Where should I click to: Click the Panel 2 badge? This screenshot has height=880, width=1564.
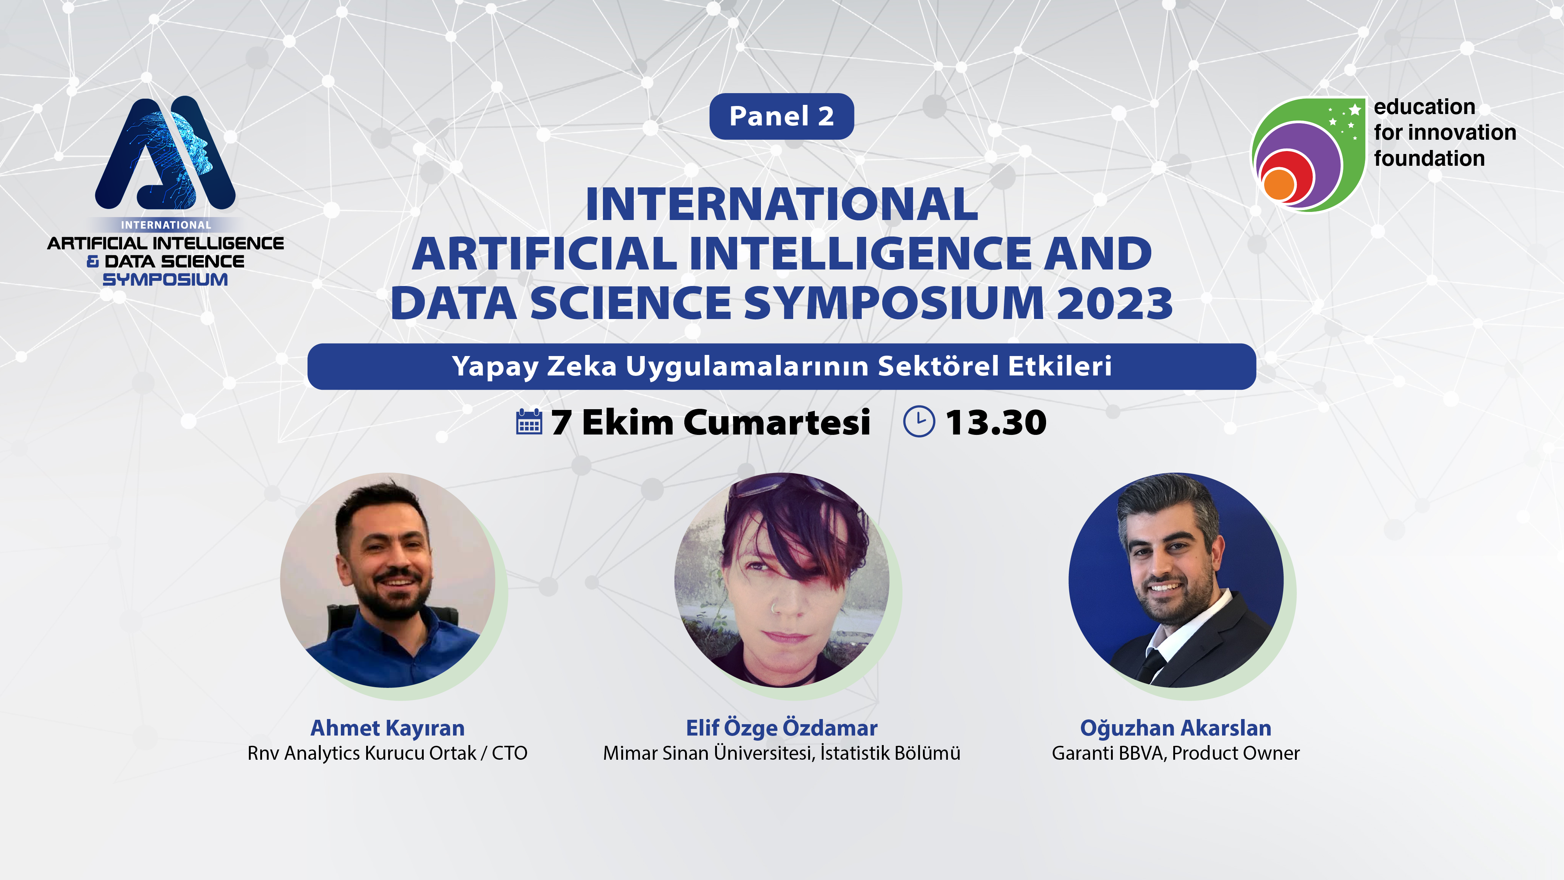pyautogui.click(x=781, y=116)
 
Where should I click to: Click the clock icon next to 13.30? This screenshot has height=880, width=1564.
pyautogui.click(x=919, y=421)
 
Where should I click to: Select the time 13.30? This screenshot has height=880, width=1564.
pyautogui.click(x=996, y=422)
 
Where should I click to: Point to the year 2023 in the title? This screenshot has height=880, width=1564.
pyautogui.click(x=1115, y=303)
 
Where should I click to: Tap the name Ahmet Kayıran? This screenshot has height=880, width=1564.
pyautogui.click(x=387, y=727)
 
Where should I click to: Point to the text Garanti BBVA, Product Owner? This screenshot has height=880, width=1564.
pyautogui.click(x=1175, y=753)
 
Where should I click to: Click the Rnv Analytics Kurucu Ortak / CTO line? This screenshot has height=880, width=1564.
pyautogui.click(x=387, y=753)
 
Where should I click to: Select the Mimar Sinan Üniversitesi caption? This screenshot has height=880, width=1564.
pyautogui.click(x=781, y=753)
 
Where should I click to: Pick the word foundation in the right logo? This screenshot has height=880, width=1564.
pyautogui.click(x=1429, y=158)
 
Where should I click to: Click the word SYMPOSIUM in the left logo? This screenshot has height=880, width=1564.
pyautogui.click(x=165, y=279)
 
